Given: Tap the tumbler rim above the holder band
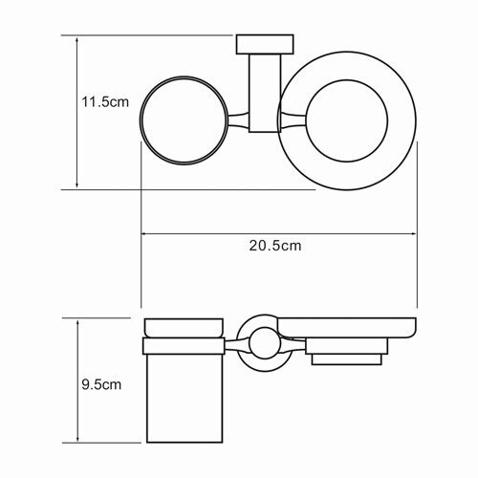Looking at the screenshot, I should click(183, 326).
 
